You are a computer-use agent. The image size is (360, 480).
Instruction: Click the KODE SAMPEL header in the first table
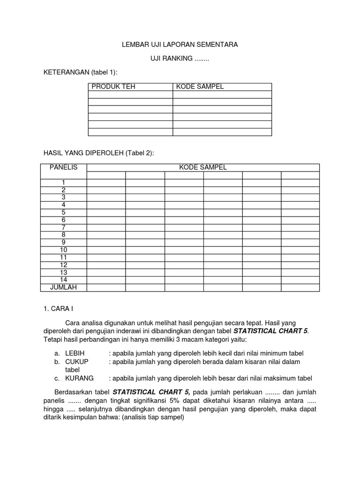(200, 87)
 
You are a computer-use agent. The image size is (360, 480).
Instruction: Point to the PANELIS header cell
(64, 167)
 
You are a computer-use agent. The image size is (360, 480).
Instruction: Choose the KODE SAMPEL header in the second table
(202, 167)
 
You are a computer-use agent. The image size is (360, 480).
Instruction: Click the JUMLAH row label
(64, 287)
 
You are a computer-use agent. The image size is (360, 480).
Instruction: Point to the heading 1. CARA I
(58, 309)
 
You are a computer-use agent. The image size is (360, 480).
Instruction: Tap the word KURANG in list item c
(79, 378)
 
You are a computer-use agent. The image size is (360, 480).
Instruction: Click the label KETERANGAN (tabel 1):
(81, 72)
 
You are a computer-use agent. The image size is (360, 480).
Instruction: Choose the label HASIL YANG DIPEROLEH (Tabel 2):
(98, 153)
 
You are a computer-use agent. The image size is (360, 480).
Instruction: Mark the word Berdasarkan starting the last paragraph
(72, 391)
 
